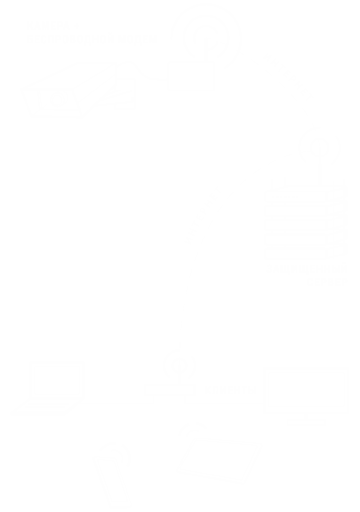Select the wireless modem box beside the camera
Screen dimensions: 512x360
pyautogui.click(x=191, y=75)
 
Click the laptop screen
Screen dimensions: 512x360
pyautogui.click(x=56, y=380)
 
